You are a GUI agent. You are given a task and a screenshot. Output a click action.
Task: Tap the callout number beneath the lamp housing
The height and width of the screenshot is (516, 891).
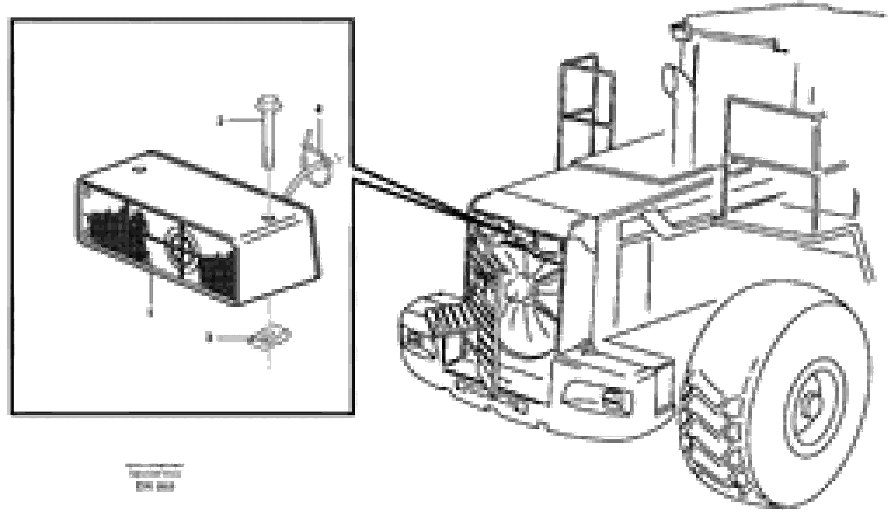click(x=151, y=312)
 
